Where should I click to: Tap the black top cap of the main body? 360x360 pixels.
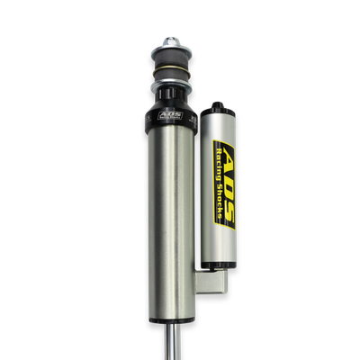point(168,117)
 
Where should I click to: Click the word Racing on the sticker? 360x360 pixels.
point(219,170)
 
